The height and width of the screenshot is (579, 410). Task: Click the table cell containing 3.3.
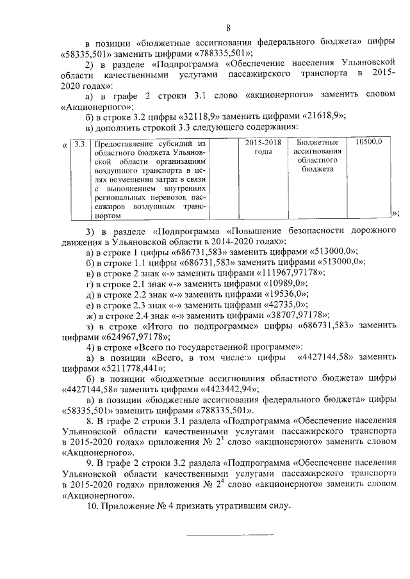79,143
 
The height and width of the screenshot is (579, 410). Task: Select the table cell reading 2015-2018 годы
263,148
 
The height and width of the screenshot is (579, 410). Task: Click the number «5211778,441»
133,369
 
